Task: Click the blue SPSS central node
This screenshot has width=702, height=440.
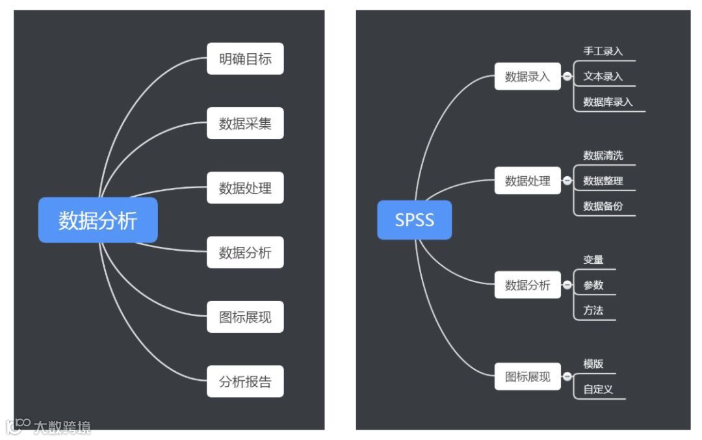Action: tap(414, 220)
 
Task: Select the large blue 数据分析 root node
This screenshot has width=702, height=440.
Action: tap(97, 220)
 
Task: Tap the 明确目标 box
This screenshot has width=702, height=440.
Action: tap(245, 59)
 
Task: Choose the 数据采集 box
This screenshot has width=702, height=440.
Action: tap(245, 123)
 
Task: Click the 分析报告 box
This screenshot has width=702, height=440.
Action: tap(245, 382)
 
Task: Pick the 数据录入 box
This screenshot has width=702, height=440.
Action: tap(527, 77)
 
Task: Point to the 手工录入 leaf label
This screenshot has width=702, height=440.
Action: tap(603, 51)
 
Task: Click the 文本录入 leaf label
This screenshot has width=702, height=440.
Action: tap(603, 76)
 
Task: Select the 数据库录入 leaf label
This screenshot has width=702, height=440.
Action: tap(608, 102)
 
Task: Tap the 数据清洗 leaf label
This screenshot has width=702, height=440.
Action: tap(603, 155)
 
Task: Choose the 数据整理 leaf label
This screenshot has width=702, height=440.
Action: tap(603, 181)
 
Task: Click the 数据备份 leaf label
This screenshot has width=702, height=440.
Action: tap(603, 206)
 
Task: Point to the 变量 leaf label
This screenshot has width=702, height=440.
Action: tap(593, 259)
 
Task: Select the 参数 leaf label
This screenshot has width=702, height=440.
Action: tap(593, 285)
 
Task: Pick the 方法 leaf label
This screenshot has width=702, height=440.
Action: tap(593, 310)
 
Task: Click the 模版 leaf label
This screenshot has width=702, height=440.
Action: tap(593, 364)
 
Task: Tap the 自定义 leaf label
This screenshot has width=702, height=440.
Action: tap(598, 390)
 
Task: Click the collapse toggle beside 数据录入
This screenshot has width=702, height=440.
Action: tap(567, 77)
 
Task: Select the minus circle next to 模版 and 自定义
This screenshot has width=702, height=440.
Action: tap(567, 377)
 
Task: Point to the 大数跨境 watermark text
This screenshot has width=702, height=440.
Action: tap(62, 427)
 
